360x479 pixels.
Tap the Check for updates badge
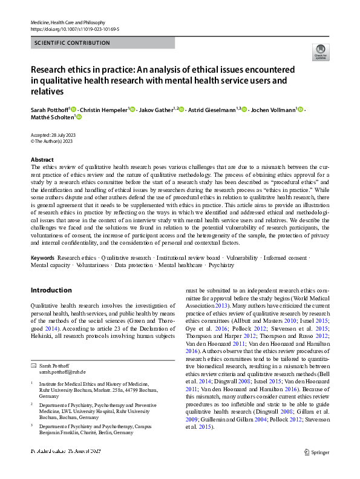click(320, 51)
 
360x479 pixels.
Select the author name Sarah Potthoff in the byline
click(50, 110)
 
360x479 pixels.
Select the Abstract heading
click(42, 159)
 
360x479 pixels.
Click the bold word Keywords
click(42, 258)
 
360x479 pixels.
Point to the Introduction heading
click(51, 290)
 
